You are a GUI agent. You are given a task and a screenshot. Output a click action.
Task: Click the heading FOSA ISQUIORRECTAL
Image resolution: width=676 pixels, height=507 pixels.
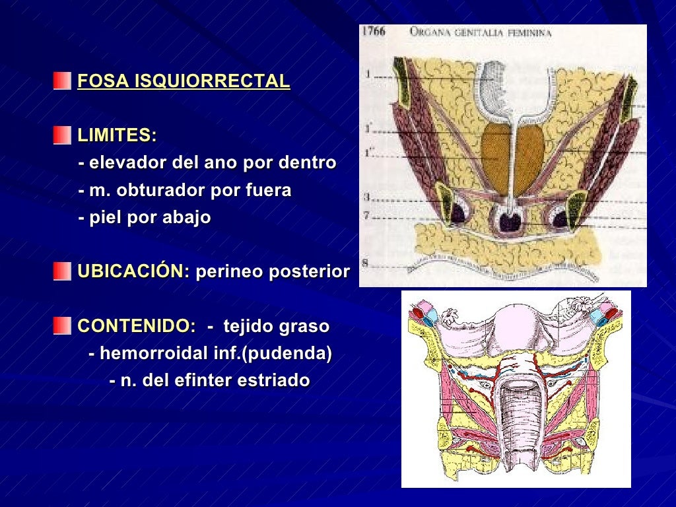click(x=184, y=81)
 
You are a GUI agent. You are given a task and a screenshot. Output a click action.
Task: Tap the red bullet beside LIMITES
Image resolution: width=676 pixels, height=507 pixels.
click(x=62, y=135)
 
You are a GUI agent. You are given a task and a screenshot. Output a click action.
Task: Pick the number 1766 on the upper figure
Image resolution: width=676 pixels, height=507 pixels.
click(x=374, y=31)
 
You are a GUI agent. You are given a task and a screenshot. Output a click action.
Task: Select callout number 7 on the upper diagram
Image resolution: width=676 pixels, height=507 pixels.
click(x=366, y=215)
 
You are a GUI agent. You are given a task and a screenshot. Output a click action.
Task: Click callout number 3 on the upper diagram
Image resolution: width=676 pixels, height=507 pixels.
click(x=366, y=197)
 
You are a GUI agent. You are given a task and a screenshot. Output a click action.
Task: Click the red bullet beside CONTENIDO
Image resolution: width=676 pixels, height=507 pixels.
click(x=62, y=326)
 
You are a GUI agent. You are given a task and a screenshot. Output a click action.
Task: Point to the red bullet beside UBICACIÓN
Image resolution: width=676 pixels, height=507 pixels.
click(x=62, y=271)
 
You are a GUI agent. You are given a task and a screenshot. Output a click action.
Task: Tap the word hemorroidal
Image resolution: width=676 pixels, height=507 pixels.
click(x=154, y=354)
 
